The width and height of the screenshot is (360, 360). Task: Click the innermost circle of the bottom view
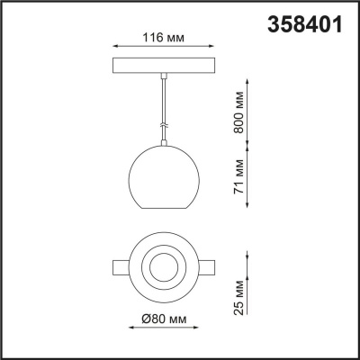pos(163,267)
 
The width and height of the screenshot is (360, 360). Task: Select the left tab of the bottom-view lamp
pos(120,267)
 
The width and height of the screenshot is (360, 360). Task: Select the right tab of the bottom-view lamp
pos(206,267)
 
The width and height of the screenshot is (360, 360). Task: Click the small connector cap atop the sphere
pos(163,142)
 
